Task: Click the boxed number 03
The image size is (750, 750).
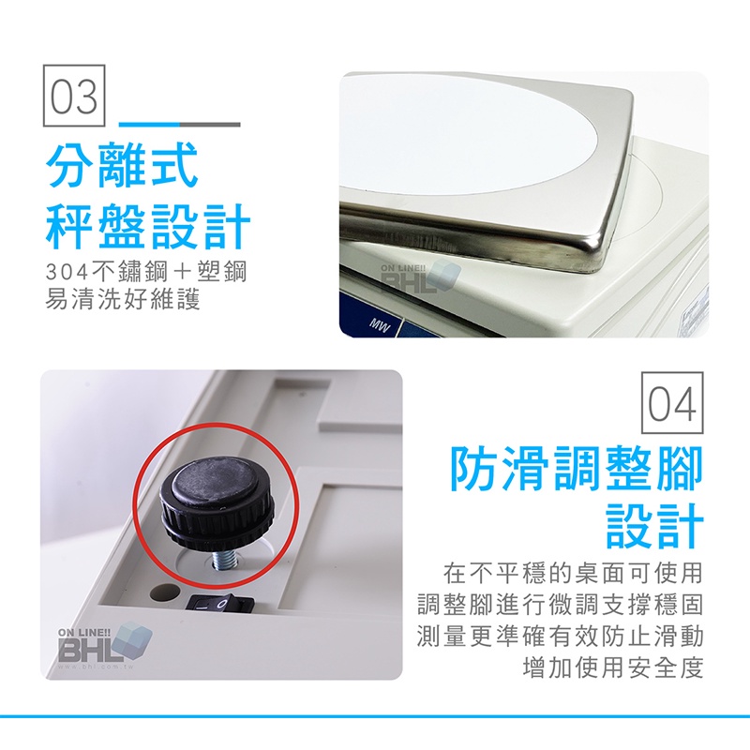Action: pos(74,96)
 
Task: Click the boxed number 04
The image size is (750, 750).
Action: pos(672,403)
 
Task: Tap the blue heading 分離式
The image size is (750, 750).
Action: pos(122,164)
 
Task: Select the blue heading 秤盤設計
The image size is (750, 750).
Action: pos(148,226)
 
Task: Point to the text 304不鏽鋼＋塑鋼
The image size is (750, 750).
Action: pos(146,272)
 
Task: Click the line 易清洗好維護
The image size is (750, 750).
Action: pos(123,300)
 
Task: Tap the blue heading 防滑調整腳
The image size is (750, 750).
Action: pos(576,468)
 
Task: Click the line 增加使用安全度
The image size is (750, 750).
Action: pos(613,667)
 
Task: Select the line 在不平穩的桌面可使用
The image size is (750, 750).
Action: pos(573,573)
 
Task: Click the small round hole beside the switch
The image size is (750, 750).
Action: pos(161,593)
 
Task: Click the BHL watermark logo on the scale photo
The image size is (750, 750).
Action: pos(420,277)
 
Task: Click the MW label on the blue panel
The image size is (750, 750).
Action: pos(381,327)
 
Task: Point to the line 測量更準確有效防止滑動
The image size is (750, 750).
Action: pos(560,637)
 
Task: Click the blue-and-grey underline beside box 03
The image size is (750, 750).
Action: pos(179,125)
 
